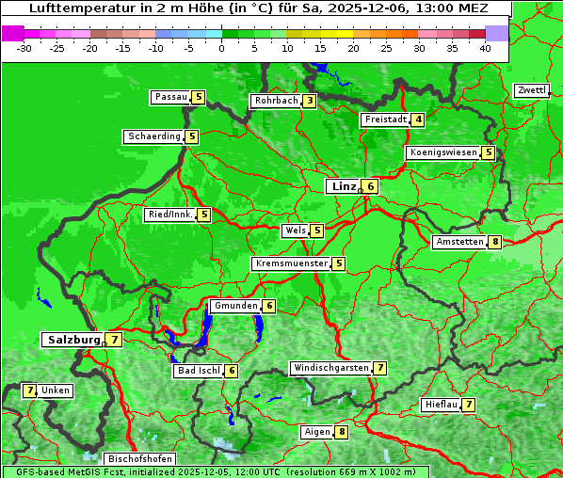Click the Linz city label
click(x=342, y=186)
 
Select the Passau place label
click(x=171, y=97)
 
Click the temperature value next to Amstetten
click(x=495, y=242)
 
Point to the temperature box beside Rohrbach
click(x=310, y=101)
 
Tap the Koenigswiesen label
click(x=442, y=152)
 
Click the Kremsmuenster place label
click(x=291, y=263)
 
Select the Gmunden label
click(x=235, y=306)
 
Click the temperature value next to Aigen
click(x=341, y=432)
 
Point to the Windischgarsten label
click(x=330, y=368)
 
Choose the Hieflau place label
click(x=442, y=405)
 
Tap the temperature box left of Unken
click(x=29, y=390)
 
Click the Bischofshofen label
click(x=139, y=459)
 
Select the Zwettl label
click(x=532, y=90)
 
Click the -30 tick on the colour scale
click(x=25, y=48)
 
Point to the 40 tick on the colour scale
click(x=485, y=48)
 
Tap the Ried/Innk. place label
click(x=170, y=215)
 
